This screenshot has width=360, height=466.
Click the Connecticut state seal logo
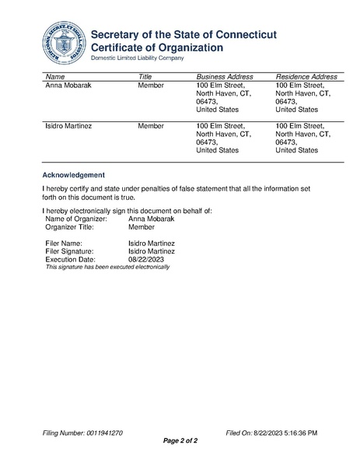(63, 44)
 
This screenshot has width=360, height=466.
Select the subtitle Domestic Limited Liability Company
(138, 58)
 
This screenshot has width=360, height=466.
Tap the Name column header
(55, 77)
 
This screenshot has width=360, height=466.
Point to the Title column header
(145, 77)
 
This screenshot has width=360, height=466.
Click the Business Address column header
(225, 77)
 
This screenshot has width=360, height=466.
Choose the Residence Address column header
(306, 77)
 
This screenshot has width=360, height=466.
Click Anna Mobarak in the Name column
(69, 86)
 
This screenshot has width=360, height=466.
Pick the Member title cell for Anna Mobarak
(150, 86)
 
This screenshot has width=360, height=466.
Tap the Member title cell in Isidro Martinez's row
(150, 124)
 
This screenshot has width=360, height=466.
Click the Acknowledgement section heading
(73, 174)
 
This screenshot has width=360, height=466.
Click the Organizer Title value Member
(141, 227)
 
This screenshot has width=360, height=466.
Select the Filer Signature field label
(70, 251)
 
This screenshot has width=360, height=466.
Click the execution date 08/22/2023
(146, 259)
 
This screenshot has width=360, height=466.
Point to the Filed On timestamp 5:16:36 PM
(293, 432)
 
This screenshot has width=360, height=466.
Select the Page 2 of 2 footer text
(180, 441)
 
